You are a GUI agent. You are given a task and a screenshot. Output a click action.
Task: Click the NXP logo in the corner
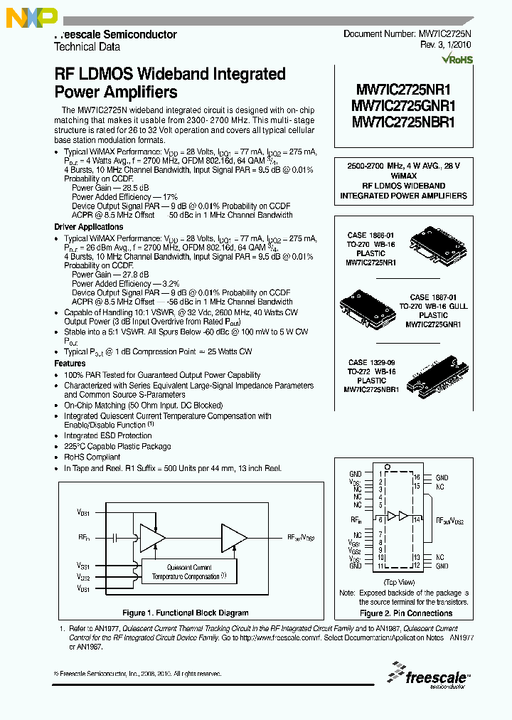coord(21,19)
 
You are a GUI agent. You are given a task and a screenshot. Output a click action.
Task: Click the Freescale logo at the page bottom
coord(427,677)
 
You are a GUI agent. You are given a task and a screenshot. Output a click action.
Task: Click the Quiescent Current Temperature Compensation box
coord(189,572)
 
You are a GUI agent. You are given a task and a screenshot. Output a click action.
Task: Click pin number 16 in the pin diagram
coord(417,477)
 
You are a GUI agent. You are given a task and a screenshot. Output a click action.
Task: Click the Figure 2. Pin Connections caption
coord(405,613)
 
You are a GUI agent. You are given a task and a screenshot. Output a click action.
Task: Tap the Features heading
coord(70,364)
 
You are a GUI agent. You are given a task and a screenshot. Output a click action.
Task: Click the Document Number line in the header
coord(407,33)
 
